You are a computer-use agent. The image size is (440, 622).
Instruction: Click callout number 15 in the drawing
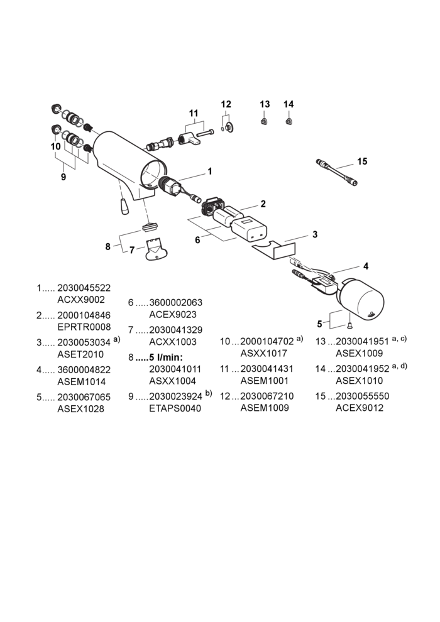[362, 161]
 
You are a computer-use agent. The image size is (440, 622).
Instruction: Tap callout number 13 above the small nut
[265, 104]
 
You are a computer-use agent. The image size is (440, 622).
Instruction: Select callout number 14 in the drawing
[289, 104]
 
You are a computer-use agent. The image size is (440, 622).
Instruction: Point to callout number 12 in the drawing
[226, 104]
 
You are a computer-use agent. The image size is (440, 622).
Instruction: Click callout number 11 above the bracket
[194, 114]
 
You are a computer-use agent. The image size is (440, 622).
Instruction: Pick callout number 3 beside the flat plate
[315, 234]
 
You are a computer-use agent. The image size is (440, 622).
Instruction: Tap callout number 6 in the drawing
[197, 240]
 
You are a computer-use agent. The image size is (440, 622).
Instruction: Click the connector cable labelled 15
[336, 173]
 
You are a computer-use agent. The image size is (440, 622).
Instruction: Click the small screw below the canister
[349, 325]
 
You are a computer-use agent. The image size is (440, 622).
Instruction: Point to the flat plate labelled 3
[275, 249]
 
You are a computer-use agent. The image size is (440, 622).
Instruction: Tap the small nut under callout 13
[264, 121]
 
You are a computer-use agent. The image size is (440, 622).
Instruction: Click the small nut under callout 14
[289, 121]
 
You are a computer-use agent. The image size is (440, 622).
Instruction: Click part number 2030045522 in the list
[84, 288]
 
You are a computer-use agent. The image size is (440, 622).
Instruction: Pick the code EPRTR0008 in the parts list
[84, 327]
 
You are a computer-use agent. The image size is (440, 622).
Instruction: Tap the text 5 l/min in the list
[166, 357]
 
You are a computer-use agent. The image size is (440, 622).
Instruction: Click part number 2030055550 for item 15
[362, 396]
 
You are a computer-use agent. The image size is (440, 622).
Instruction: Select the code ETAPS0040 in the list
[175, 408]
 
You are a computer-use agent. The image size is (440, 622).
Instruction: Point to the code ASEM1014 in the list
[81, 382]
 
